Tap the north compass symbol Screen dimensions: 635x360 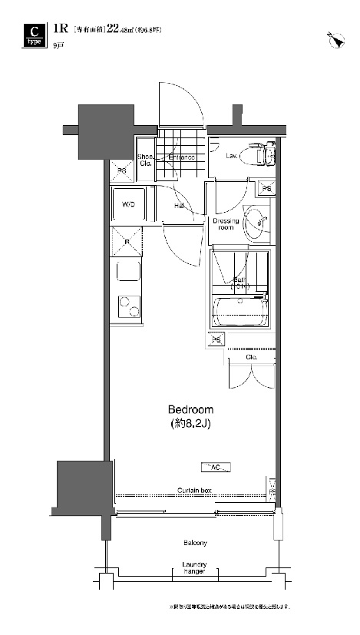pos(335,39)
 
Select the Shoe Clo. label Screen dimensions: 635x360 pos(144,160)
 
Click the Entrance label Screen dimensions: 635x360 pos(181,157)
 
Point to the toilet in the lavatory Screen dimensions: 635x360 pos(258,154)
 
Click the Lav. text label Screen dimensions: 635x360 pos(230,156)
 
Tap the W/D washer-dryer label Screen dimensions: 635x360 pos(129,205)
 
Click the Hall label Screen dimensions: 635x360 pos(178,206)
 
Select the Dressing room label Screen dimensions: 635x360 pos(227,224)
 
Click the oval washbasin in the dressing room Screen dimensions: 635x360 pos(259,220)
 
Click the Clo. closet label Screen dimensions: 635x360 pos(251,357)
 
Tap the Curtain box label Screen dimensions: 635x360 pos(194,490)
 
